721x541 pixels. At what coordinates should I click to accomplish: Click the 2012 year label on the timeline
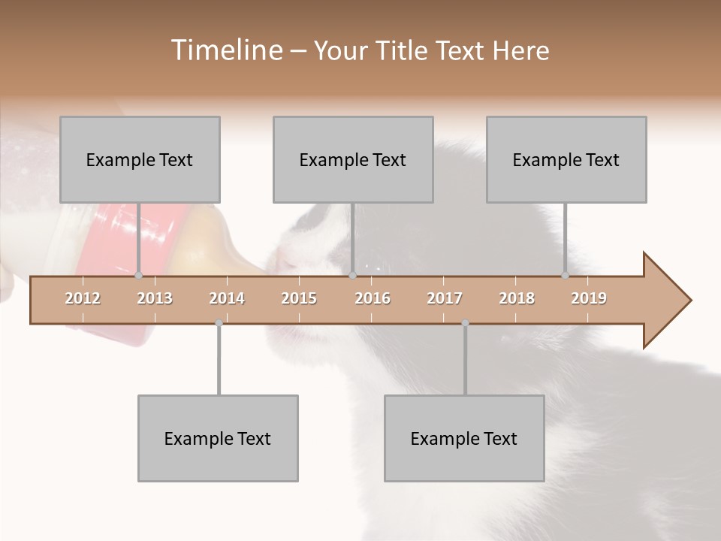pos(83,298)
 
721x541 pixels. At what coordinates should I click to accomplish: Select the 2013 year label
pos(155,298)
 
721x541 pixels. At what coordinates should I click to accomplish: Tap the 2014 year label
pos(227,298)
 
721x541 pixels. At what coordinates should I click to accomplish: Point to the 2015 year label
pos(299,298)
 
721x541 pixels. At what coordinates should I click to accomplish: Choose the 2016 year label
pos(373,298)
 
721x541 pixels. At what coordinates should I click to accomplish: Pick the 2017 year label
pos(445,298)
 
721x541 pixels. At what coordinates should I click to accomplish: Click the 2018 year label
pos(517,298)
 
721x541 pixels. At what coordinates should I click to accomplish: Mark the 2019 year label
pos(589,298)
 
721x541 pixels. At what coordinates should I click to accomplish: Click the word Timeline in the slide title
pos(225,50)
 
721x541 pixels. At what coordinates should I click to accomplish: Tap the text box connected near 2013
pos(140,159)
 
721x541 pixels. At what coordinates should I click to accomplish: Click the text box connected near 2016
pos(353,159)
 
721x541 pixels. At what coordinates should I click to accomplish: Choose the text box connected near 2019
pos(566,159)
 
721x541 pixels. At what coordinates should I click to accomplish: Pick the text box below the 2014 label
pos(218,438)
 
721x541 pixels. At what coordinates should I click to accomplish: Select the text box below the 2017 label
pos(464,438)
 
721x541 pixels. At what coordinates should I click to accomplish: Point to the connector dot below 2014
pos(219,323)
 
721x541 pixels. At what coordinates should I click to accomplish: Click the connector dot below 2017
pos(465,323)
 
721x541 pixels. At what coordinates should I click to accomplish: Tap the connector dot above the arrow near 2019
pos(565,275)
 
